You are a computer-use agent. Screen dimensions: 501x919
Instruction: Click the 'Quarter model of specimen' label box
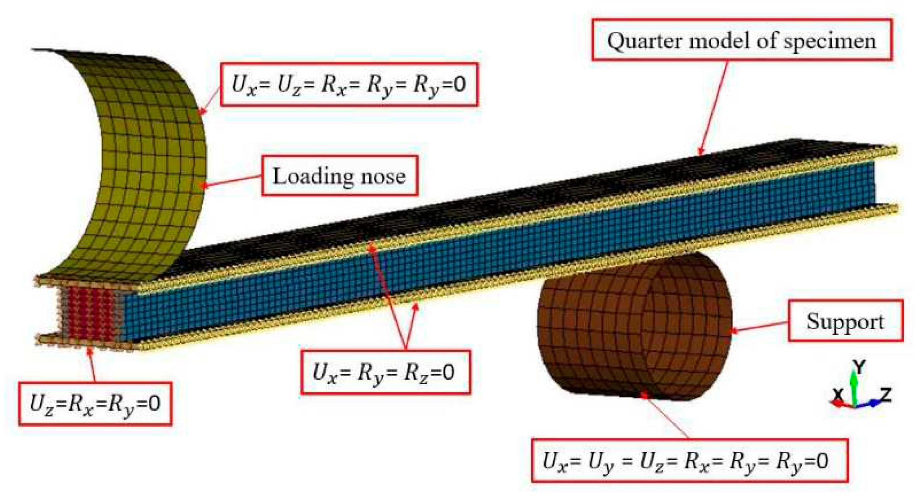click(741, 40)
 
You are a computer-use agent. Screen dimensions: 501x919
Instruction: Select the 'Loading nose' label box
click(339, 176)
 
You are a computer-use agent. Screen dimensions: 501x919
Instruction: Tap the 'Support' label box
click(845, 321)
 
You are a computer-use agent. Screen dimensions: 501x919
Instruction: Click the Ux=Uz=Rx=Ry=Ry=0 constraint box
click(349, 84)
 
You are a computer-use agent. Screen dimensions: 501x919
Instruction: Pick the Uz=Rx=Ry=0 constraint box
click(95, 404)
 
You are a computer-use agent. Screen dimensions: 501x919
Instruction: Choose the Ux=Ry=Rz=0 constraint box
click(385, 372)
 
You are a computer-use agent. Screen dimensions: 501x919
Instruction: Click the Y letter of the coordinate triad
click(860, 367)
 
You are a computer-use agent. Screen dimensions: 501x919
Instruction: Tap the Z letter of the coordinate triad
click(885, 395)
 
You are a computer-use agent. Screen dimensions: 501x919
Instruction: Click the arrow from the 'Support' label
click(760, 326)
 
